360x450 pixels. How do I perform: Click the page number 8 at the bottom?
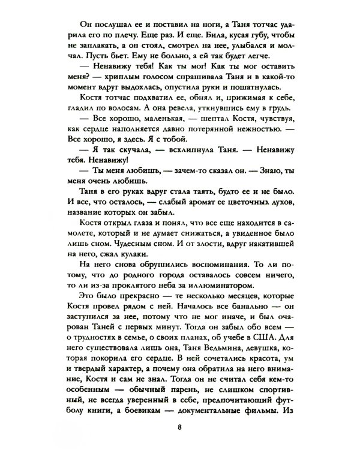179,427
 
